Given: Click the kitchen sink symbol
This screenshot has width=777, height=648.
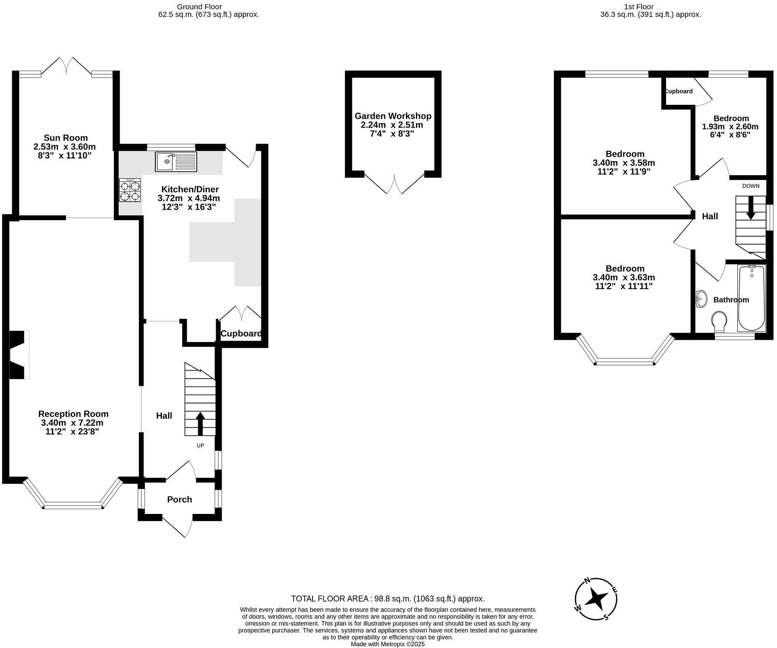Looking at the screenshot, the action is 176,162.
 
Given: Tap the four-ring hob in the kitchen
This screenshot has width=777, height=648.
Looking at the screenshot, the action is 130,190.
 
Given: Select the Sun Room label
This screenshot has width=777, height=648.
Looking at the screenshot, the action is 65,138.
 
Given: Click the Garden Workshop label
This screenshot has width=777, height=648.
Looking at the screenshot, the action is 393,116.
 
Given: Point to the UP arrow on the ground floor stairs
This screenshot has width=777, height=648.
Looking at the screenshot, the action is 200,424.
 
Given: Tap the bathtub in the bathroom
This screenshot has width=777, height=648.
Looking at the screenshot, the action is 751,298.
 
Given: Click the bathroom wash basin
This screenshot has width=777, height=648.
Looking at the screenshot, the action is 701,299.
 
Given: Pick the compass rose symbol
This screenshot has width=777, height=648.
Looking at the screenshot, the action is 596,599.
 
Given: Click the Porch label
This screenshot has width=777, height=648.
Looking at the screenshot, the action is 179,500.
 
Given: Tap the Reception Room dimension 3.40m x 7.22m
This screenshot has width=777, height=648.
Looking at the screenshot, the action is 72,423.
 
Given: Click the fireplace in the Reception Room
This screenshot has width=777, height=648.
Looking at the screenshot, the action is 18,355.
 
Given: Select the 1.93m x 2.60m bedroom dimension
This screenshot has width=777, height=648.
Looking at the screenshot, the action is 730,127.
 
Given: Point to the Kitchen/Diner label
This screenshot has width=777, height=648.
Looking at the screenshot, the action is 190,189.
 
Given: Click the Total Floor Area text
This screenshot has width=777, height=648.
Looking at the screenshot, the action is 388,599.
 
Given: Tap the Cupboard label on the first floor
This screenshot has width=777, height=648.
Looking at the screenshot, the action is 678,91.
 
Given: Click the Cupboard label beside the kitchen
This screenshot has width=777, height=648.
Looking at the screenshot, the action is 241,334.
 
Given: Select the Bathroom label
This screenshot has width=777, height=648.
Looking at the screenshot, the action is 731,300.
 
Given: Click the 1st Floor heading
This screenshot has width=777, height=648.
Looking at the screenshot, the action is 639,7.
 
